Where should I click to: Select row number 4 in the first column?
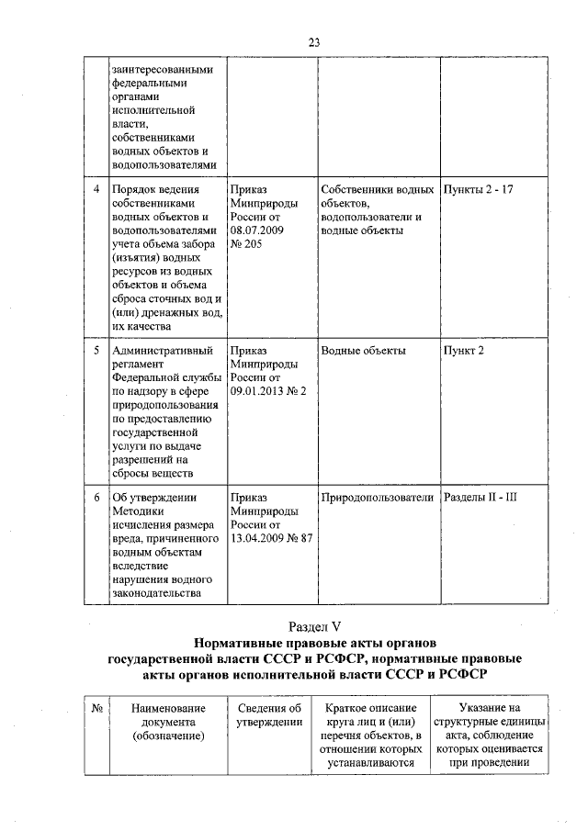click(96, 189)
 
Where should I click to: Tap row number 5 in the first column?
click(96, 351)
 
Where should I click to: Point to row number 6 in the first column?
click(96, 498)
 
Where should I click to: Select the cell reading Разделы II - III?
click(481, 498)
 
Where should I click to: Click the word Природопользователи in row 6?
click(377, 498)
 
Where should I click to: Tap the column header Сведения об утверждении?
click(269, 716)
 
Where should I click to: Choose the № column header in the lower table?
click(96, 709)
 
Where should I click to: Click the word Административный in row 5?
click(163, 351)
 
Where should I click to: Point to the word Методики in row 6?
click(137, 511)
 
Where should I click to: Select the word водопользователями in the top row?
click(164, 165)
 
